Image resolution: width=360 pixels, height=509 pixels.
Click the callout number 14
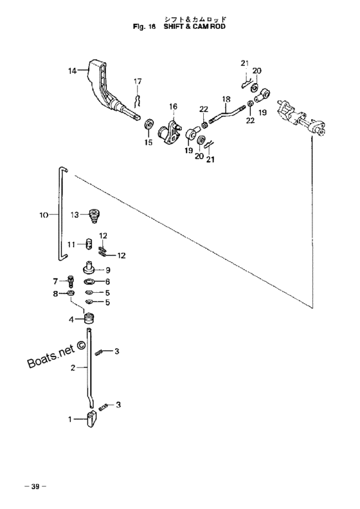(x=72, y=70)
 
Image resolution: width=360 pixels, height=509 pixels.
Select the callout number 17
(x=138, y=81)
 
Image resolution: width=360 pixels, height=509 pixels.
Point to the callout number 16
(x=173, y=106)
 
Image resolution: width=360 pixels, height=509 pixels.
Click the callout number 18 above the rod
(x=226, y=98)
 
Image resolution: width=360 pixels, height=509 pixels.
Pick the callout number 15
(x=148, y=142)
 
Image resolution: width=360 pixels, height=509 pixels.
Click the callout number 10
(x=44, y=215)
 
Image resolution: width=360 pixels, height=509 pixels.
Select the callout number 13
(x=75, y=214)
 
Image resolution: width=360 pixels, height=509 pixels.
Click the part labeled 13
(x=94, y=216)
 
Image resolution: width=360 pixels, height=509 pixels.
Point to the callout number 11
(x=71, y=244)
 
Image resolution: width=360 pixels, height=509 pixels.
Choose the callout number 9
(x=108, y=270)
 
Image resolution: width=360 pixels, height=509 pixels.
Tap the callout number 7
(x=55, y=281)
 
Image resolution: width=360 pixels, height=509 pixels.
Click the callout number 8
(x=55, y=294)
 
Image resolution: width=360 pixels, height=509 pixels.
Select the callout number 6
(x=107, y=282)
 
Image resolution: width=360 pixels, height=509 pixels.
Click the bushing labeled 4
(x=89, y=319)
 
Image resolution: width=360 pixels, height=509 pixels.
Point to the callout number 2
(x=73, y=368)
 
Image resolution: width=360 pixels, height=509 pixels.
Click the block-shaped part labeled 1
(x=91, y=419)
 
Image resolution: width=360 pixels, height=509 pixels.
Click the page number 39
(x=35, y=486)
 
